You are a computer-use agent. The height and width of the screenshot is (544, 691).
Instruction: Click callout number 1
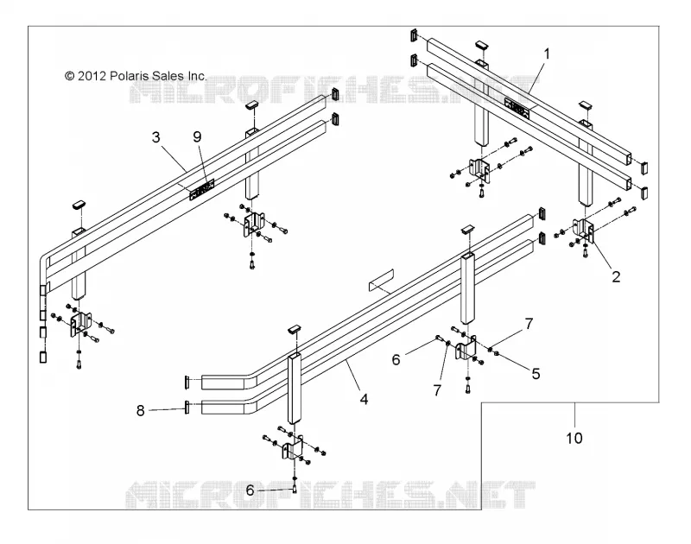tap(547, 54)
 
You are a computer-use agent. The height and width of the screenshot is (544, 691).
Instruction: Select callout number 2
tap(616, 276)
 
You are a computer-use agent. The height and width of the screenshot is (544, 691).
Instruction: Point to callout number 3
tap(156, 137)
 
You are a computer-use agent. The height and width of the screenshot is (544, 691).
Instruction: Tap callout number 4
tap(364, 399)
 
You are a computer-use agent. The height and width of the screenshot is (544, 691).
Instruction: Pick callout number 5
tap(536, 374)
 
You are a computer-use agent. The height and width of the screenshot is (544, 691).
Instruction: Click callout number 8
tap(140, 410)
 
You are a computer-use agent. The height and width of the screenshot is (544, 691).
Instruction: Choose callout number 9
tap(197, 137)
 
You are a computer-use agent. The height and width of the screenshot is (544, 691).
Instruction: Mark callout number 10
tap(574, 438)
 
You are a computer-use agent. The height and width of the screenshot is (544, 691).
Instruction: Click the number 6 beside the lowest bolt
tap(250, 490)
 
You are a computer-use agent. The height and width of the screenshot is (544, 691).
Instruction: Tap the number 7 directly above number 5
tap(529, 324)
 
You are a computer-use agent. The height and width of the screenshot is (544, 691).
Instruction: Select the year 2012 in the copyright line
tap(92, 76)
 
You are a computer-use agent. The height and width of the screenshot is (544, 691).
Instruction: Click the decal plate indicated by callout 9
tap(202, 189)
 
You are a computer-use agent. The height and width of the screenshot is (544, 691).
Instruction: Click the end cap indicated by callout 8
tap(187, 407)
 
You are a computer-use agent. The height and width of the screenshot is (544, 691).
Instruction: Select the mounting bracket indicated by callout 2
tap(584, 231)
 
